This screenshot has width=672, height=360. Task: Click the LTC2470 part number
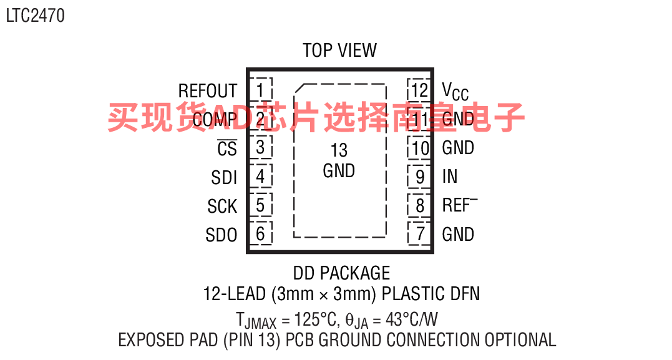pos(35,16)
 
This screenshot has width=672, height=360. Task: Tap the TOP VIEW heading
pos(339,51)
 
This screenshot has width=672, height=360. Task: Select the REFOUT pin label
pos(207,91)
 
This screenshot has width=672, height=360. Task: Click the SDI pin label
pos(224,178)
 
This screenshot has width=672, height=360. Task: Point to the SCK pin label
pos(222,207)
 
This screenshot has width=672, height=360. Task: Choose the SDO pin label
pos(222,235)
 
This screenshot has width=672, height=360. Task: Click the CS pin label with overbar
pos(227,148)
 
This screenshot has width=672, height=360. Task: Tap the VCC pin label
pos(455,92)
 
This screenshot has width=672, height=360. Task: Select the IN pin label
pos(450,177)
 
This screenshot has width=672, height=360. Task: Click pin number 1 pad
pos(260,89)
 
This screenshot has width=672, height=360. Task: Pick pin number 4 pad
pos(260,177)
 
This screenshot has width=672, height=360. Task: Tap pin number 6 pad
pos(260,234)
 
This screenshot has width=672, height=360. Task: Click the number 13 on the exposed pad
pos(339,150)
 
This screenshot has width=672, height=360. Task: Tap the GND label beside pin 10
pos(458,148)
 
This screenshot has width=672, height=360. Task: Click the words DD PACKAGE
pos(341,273)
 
